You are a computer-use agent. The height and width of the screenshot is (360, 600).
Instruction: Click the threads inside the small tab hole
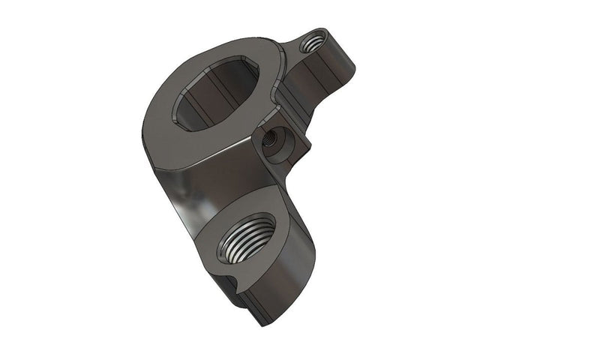point(313,43)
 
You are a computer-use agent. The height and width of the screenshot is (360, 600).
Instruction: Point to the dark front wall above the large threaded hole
point(225,180)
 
